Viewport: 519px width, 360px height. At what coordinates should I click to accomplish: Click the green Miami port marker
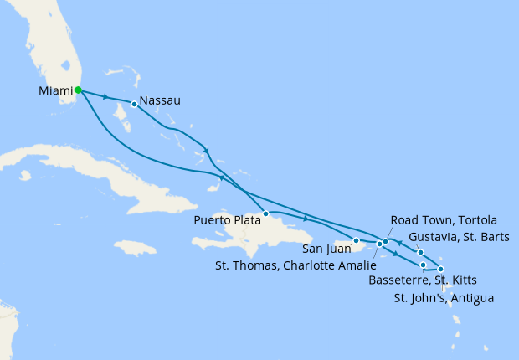click(78, 90)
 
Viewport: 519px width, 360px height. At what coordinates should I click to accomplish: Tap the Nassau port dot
click(134, 105)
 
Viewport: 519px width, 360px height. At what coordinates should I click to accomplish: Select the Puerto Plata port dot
click(265, 213)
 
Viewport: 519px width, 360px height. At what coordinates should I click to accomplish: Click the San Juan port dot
click(357, 241)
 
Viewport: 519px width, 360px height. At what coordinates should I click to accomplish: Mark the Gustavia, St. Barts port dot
click(420, 252)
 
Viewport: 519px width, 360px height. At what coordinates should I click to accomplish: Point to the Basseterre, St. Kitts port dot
click(424, 265)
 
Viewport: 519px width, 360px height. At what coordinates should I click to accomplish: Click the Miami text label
click(54, 90)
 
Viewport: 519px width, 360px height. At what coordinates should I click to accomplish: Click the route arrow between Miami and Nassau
click(105, 97)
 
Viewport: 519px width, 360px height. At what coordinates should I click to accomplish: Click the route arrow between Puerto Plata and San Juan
click(306, 219)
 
